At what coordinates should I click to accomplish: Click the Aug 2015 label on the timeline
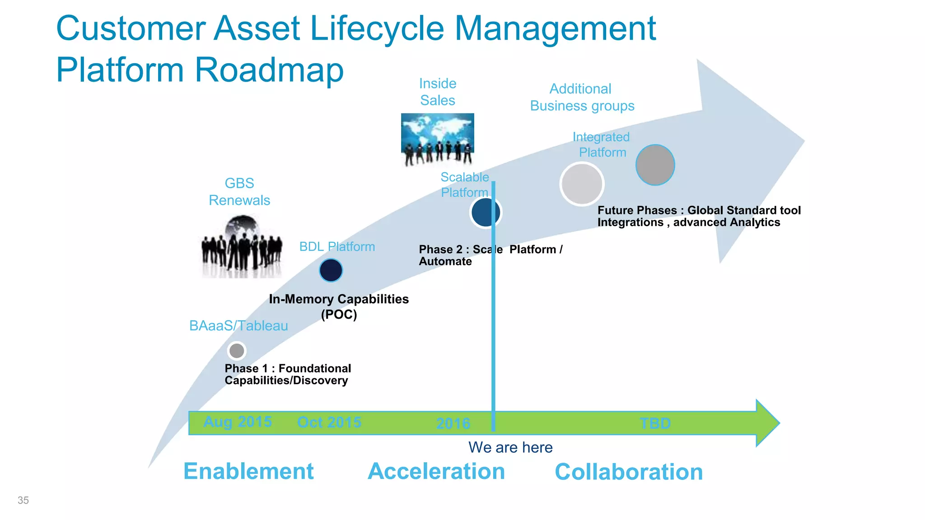pyautogui.click(x=238, y=422)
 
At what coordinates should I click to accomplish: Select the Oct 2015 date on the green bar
pyautogui.click(x=329, y=422)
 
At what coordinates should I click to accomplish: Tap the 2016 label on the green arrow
pyautogui.click(x=453, y=423)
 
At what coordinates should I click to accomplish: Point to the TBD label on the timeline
pyautogui.click(x=655, y=423)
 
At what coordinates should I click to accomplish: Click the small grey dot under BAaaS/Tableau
pyautogui.click(x=237, y=351)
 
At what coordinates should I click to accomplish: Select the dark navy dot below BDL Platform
pyautogui.click(x=331, y=270)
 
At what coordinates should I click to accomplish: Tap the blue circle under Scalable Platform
pyautogui.click(x=485, y=212)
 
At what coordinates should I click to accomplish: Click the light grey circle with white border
pyautogui.click(x=582, y=184)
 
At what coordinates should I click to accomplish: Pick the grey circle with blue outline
pyautogui.click(x=655, y=165)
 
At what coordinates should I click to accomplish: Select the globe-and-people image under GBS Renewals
pyautogui.click(x=242, y=246)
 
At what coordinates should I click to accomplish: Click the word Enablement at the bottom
pyautogui.click(x=248, y=471)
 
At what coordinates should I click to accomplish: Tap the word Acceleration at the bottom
pyautogui.click(x=436, y=471)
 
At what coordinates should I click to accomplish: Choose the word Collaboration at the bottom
pyautogui.click(x=629, y=472)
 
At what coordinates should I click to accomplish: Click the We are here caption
pyautogui.click(x=510, y=447)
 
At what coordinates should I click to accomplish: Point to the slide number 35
pyautogui.click(x=23, y=500)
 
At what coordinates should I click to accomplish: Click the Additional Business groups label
pyautogui.click(x=582, y=97)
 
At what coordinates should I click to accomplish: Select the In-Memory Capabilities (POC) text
pyautogui.click(x=339, y=306)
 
